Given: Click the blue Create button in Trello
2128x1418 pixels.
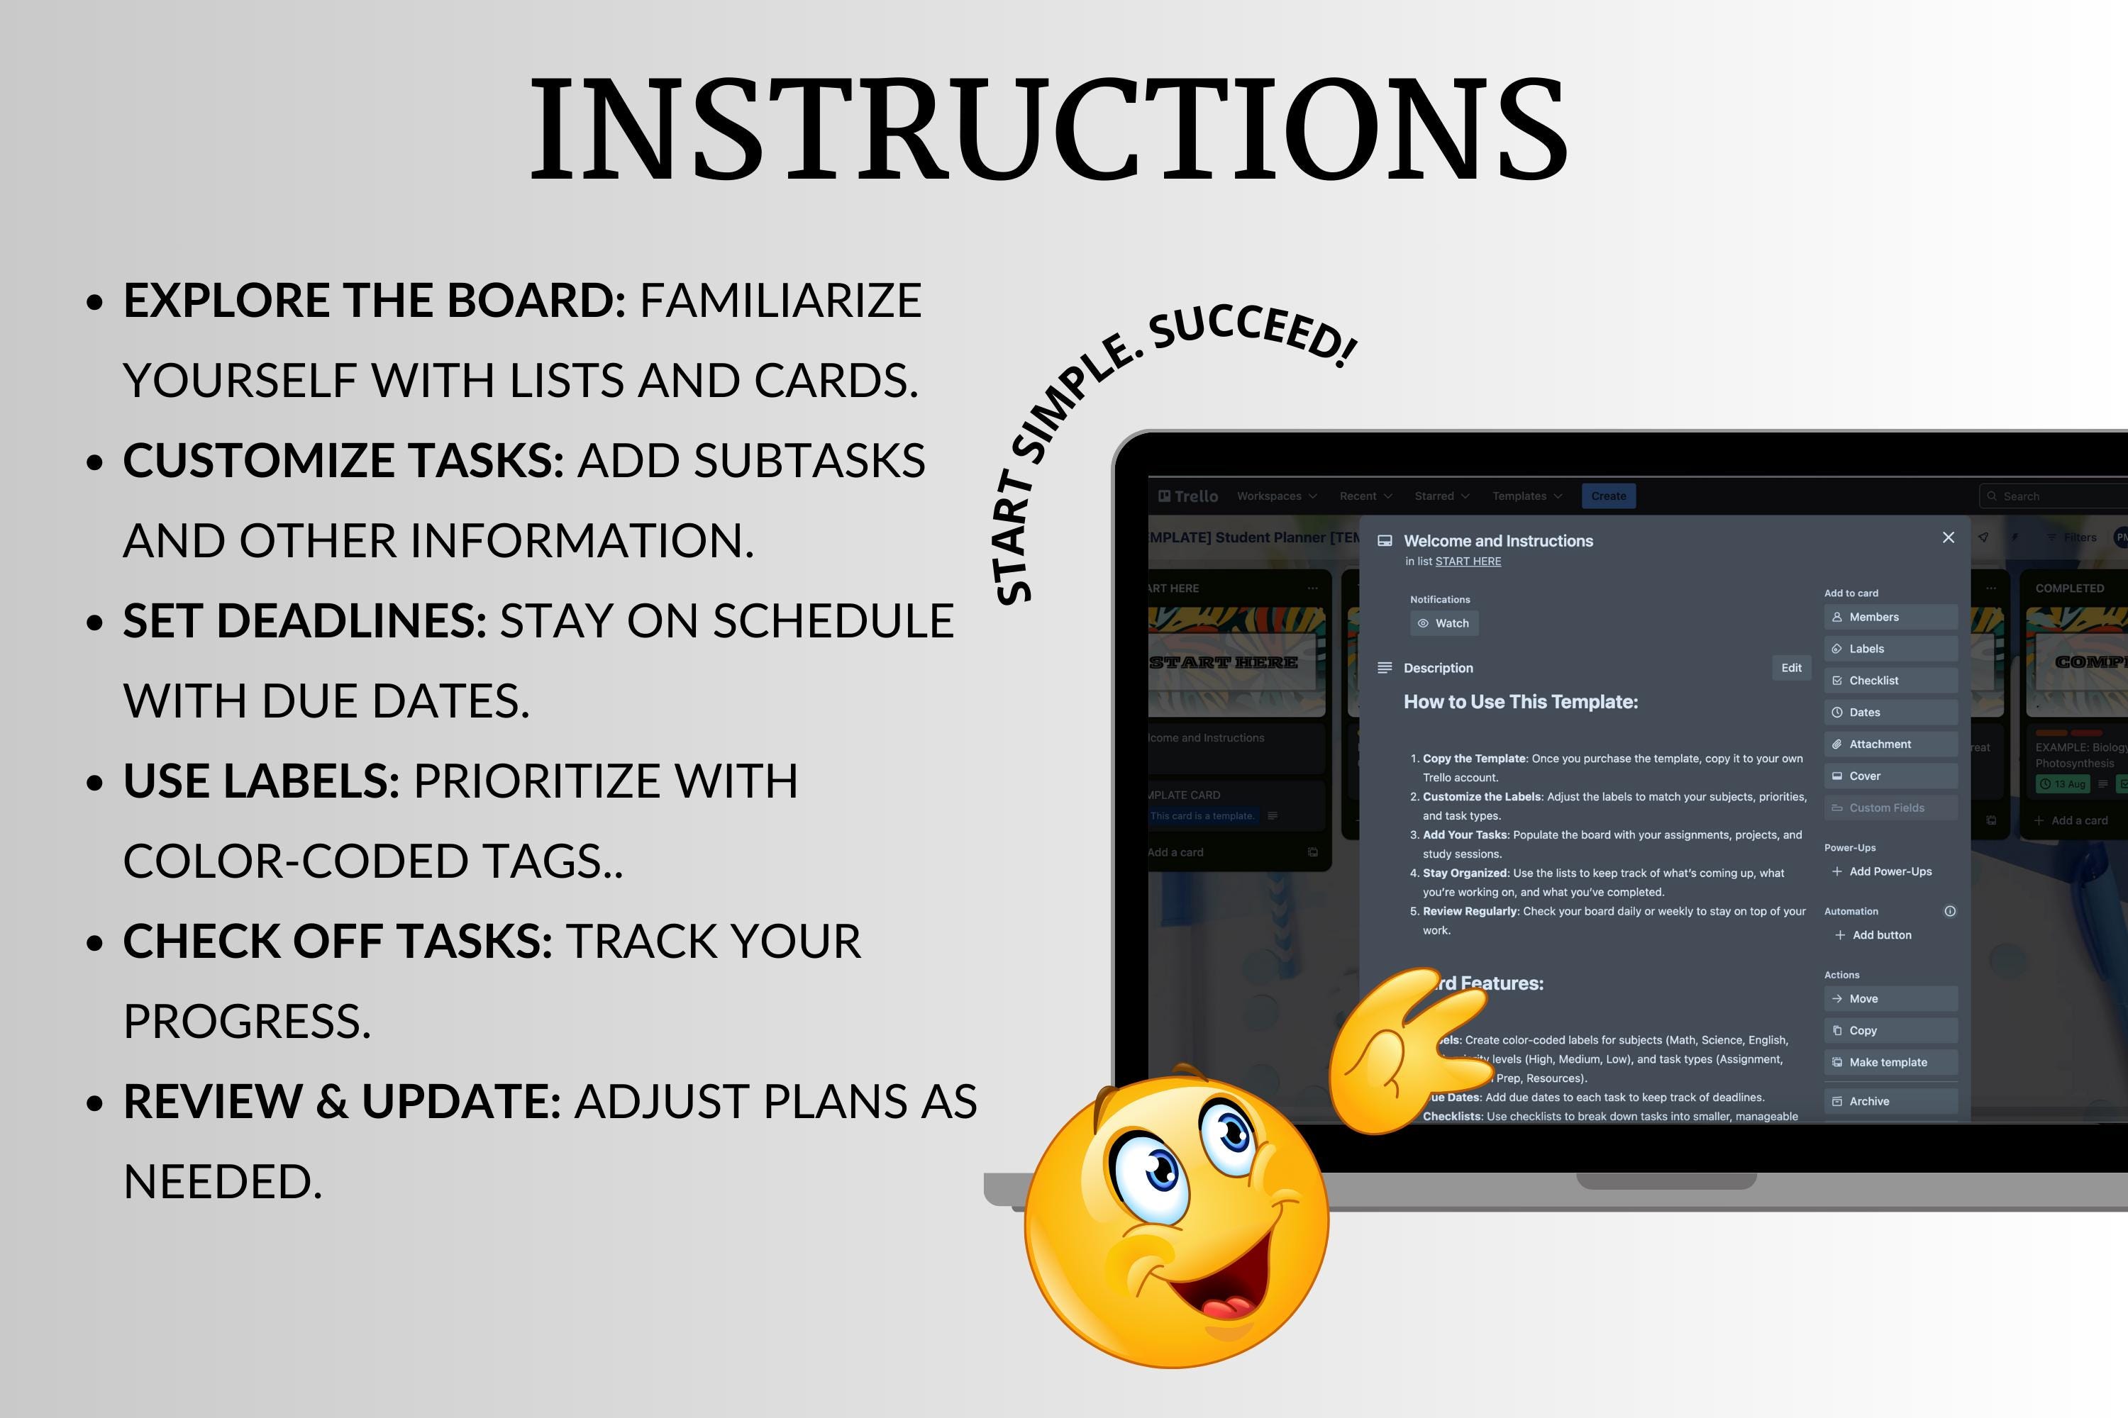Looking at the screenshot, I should point(1608,496).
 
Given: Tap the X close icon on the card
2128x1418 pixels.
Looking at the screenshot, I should point(1948,538).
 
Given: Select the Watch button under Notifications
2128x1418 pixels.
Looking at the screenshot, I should point(1444,623).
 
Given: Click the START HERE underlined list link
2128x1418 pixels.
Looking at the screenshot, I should point(1468,562).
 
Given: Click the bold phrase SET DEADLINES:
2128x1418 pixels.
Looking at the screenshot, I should point(304,620).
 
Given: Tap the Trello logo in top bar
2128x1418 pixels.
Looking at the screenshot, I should point(1188,496).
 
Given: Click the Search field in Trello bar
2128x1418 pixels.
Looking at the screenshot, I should point(2054,496).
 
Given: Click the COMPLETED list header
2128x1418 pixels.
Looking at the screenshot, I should point(2069,588).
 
